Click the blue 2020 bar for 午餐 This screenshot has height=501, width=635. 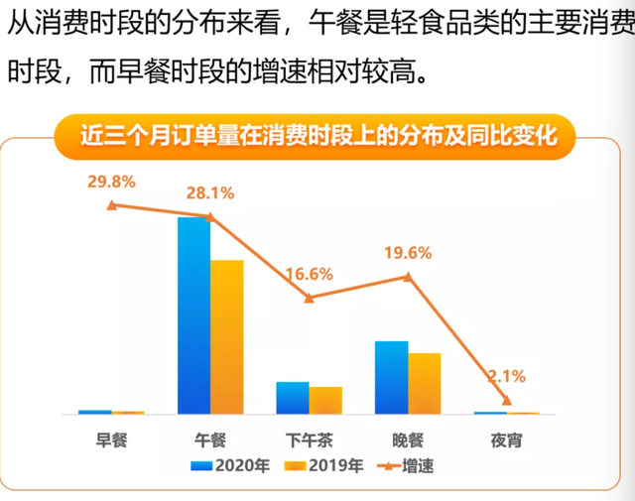pos(193,314)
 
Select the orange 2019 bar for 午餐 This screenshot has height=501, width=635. pos(226,336)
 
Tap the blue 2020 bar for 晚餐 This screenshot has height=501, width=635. pos(391,377)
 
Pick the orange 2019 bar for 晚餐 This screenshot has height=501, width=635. pos(424,383)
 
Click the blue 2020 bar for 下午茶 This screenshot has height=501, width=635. pos(292,398)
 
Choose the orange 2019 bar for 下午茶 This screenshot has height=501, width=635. pos(325,400)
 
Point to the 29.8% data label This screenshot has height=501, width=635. pos(111,181)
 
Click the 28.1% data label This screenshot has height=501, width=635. pos(209,192)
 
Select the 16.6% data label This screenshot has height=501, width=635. pos(309,274)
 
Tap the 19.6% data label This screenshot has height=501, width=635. pos(408,253)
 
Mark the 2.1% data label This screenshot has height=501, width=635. pos(506,376)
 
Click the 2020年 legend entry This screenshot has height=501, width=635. pos(232,464)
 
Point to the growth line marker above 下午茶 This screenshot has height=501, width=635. pos(309,298)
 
